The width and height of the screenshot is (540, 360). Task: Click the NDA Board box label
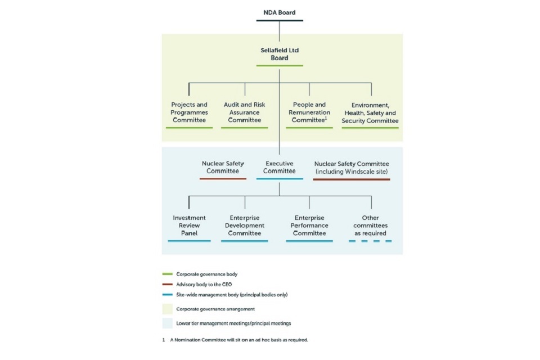coord(280,12)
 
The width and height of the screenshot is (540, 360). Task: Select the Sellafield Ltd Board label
coord(280,54)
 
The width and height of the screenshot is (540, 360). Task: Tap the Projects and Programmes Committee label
coord(189,112)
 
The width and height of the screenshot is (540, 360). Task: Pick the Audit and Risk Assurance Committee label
coord(245,112)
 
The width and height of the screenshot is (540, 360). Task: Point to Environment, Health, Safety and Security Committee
coord(370,112)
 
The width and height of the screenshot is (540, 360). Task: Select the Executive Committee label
coord(280,167)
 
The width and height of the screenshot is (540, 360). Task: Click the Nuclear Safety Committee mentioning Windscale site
coord(352,167)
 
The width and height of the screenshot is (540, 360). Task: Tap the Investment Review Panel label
coord(189,225)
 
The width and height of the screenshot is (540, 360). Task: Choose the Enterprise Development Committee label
coord(245,225)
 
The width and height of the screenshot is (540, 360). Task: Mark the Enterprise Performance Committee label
coord(309,225)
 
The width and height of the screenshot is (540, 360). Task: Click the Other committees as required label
coord(370,225)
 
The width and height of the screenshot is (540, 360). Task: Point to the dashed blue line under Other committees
coord(370,241)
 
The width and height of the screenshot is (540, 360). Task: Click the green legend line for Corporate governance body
coord(167,274)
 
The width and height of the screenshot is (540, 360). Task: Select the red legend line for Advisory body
coord(167,285)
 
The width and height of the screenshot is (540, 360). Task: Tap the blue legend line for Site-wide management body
coord(167,295)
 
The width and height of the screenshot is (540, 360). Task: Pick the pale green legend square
coord(167,309)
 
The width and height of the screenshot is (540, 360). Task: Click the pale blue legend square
coord(167,323)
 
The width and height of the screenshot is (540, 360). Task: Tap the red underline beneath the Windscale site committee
coord(352,179)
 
